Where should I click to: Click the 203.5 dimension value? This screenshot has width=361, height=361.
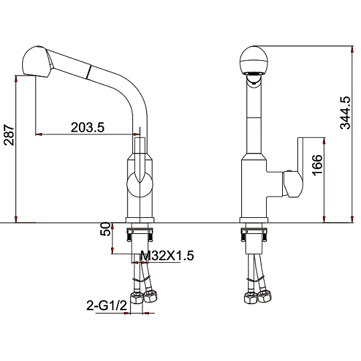pos(88,127)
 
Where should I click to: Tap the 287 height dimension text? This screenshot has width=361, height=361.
pos(9,135)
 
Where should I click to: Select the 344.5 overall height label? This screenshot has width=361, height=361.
pos(345,113)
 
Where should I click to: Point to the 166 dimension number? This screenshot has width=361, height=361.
pos(318,165)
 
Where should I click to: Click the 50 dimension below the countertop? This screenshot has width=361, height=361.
pos(105,229)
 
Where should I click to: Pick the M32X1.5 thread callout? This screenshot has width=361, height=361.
pos(167,255)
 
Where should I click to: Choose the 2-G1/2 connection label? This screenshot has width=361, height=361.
pos(106,306)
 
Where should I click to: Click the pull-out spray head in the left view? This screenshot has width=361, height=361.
pos(37,62)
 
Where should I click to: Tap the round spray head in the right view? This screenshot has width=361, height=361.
pos(254,60)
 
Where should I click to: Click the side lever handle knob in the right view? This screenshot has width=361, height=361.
pos(293,185)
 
